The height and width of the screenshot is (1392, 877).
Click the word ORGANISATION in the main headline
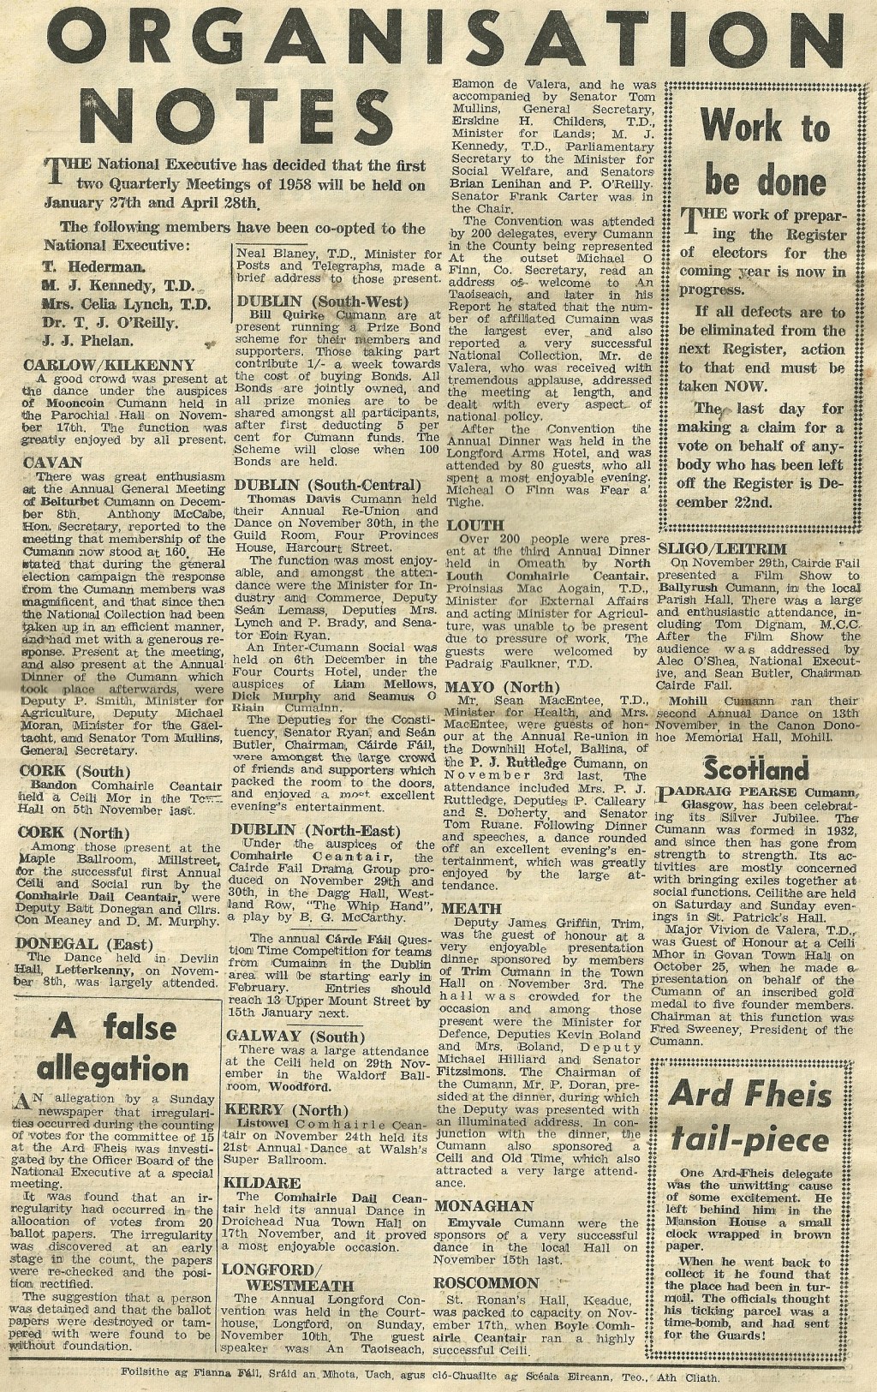coord(438,39)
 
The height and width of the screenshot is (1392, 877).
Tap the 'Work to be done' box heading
coord(765,154)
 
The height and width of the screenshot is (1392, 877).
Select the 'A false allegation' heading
coord(114,1046)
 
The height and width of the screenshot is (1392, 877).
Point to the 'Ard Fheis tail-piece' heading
coord(750,1116)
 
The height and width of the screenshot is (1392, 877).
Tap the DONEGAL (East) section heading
coord(84,944)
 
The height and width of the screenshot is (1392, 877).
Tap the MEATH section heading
coord(468,908)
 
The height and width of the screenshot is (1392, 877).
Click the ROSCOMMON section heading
coord(486,1283)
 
